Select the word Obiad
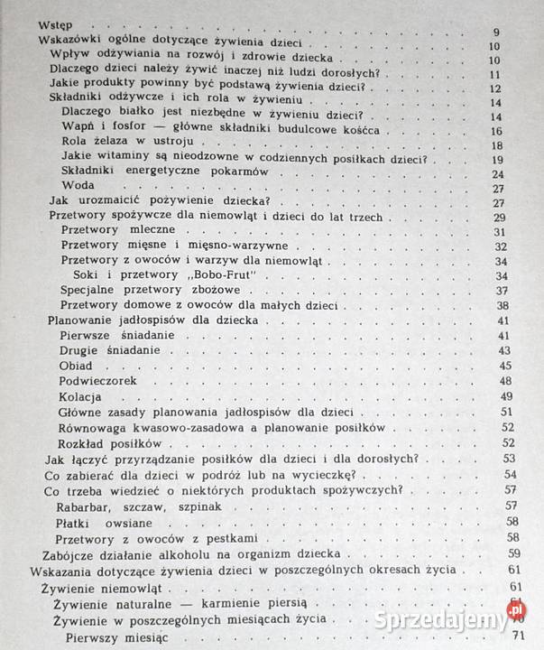coord(76,365)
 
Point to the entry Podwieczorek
coord(99,381)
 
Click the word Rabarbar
coord(85,506)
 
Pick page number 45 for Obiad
coord(505,366)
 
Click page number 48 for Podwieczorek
coord(505,382)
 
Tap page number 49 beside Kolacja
coord(505,398)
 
